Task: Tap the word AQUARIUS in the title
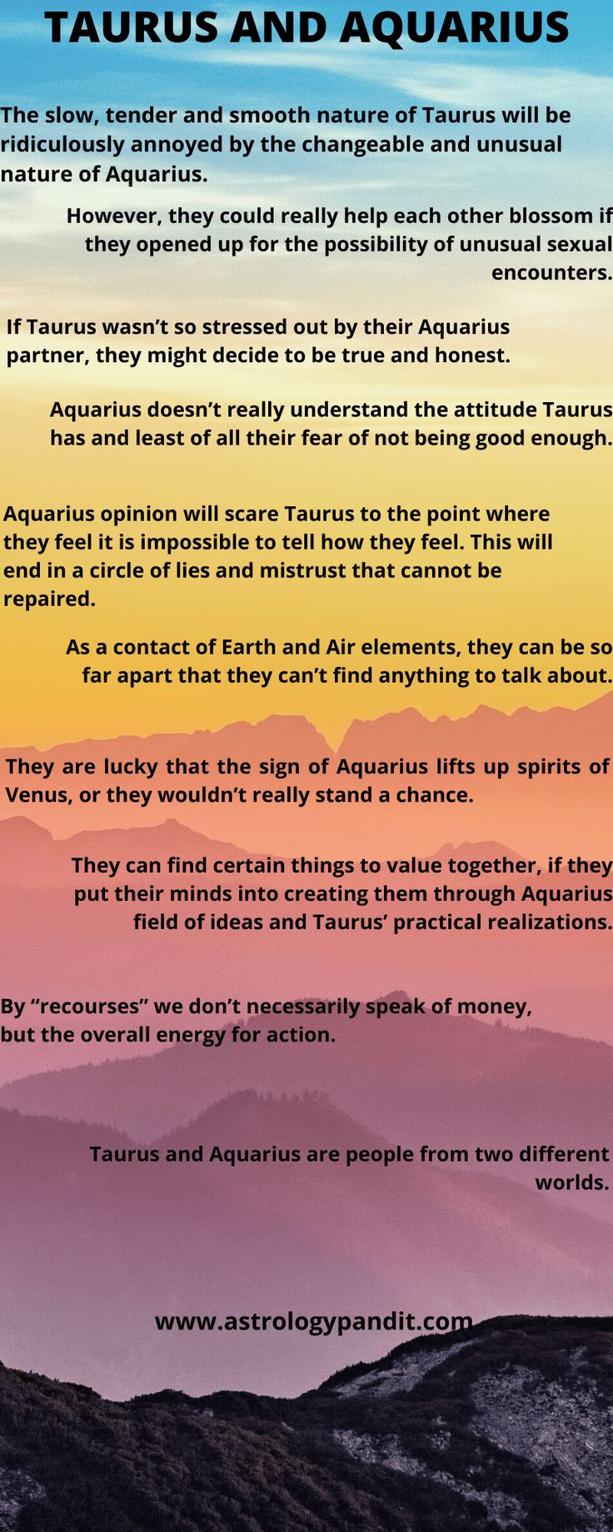(x=454, y=28)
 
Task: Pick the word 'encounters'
(x=551, y=272)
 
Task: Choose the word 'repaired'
(x=48, y=599)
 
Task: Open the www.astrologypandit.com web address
(x=313, y=1321)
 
